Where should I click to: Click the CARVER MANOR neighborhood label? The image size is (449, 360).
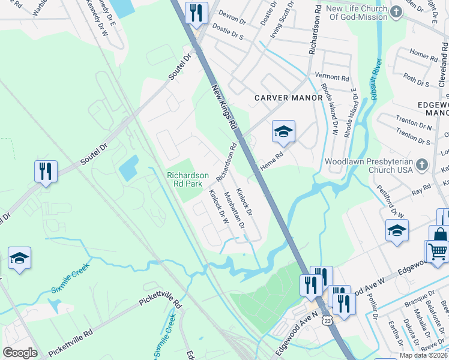point(284,97)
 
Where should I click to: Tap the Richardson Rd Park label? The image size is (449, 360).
point(188,179)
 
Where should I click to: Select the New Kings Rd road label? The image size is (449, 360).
point(224,107)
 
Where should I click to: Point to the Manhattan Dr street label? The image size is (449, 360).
point(234,211)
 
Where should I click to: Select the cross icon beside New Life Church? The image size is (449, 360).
point(396,12)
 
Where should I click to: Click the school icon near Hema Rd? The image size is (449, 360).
point(283,131)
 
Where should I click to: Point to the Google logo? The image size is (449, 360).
point(20,353)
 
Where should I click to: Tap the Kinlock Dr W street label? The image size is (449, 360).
point(218,207)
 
